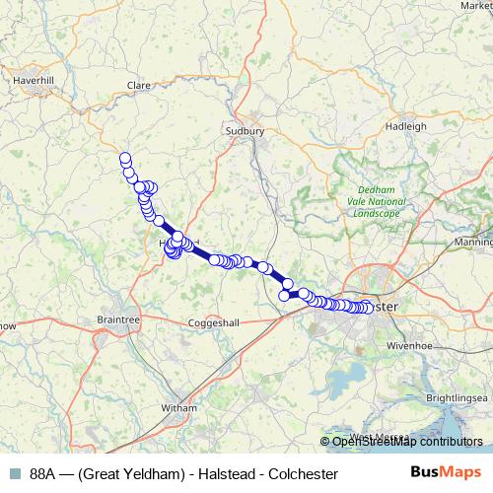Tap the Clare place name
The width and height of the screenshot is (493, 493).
tap(138, 86)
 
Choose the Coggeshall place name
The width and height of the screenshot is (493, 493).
tap(214, 321)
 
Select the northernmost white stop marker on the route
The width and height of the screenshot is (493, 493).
tap(125, 158)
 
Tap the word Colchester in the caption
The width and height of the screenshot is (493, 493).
tap(304, 474)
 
